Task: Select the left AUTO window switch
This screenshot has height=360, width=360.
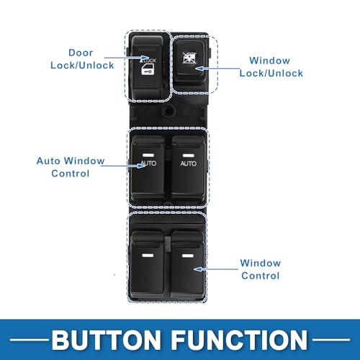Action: (148, 168)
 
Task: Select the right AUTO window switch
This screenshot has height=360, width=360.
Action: (189, 168)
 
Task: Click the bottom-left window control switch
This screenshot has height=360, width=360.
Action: (148, 265)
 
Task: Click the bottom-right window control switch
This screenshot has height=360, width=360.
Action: (188, 265)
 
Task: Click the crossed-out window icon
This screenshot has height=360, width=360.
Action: (189, 58)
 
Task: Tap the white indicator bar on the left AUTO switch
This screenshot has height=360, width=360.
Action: (148, 155)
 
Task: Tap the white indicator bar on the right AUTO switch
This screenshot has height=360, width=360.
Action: (189, 156)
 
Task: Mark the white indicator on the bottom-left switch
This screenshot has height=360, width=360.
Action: (148, 256)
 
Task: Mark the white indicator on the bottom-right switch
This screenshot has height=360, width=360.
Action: (188, 256)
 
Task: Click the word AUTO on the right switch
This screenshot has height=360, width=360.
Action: (189, 163)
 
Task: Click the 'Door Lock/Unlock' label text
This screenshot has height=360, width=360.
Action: (82, 59)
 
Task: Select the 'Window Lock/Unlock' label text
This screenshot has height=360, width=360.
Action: (271, 67)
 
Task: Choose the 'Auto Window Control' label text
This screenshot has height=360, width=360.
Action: (71, 167)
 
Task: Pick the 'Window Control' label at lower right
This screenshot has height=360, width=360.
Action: (261, 269)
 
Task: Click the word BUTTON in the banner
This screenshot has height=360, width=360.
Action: (106, 340)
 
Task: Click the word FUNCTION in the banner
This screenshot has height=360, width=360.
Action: (239, 340)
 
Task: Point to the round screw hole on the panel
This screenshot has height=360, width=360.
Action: (168, 111)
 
